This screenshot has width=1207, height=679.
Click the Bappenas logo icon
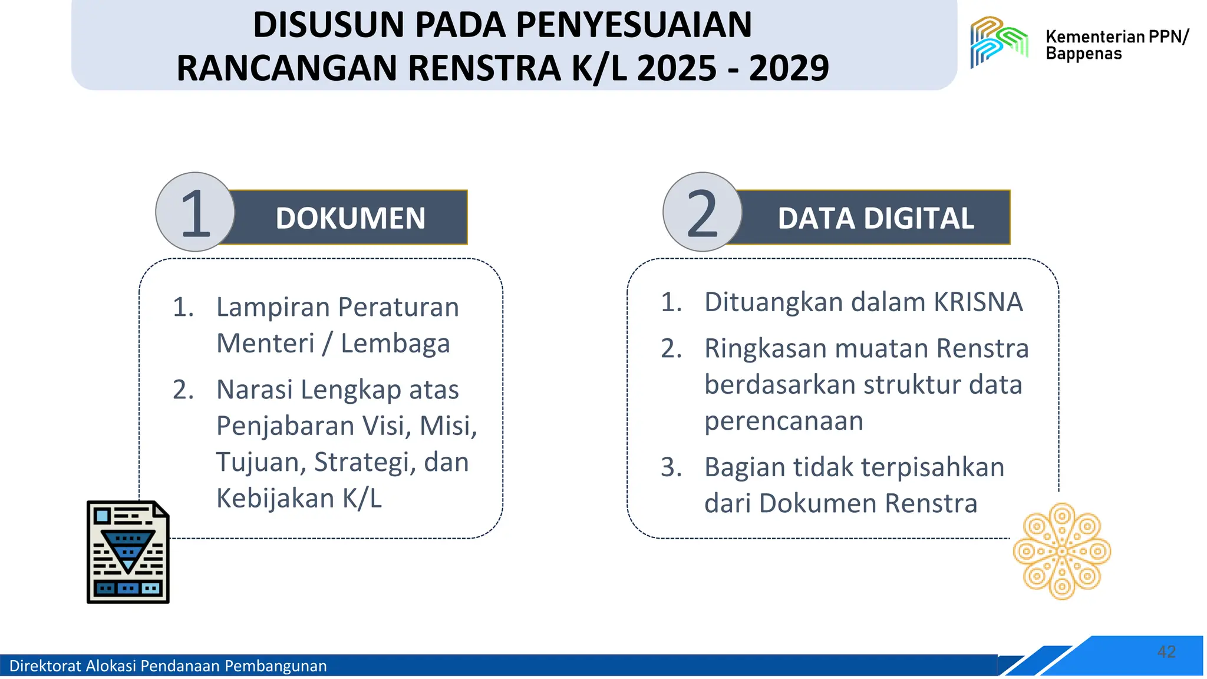point(999,41)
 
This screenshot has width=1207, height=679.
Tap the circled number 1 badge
point(195,212)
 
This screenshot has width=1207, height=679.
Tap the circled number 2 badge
point(702,212)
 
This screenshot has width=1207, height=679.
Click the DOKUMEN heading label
point(350,218)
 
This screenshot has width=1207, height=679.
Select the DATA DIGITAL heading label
point(875,218)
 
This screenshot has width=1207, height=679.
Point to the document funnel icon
point(128,552)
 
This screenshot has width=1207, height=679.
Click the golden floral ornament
point(1061,551)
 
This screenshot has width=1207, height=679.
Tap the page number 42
point(1166,651)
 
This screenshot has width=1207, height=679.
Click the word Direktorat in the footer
point(45,666)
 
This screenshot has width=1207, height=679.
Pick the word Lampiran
point(272,308)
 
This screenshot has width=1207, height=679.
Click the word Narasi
point(254,390)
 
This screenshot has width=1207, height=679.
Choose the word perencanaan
point(783,421)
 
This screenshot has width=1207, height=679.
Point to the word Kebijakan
point(275,499)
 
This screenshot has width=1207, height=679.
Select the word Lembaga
point(395,344)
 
